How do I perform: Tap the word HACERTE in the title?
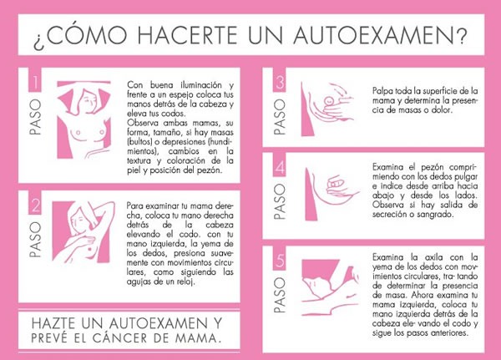coord(187,34)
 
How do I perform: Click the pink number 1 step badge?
coord(35,80)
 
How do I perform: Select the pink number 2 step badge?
coord(35,202)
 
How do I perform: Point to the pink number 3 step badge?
coord(279,80)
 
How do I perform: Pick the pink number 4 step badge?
coord(279,165)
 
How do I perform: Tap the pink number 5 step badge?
coord(279,258)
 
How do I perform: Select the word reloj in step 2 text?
coord(185,282)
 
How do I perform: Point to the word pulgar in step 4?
coord(467,177)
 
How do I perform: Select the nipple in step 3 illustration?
coord(328,101)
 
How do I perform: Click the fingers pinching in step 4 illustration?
coord(336,185)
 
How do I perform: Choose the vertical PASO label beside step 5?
coord(279,295)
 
